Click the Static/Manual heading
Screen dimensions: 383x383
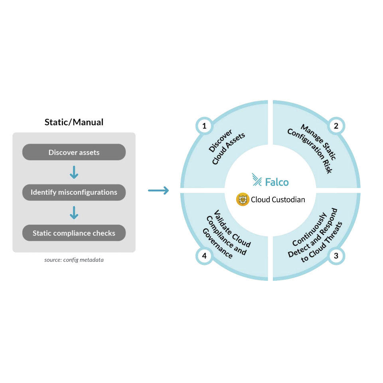point(74,122)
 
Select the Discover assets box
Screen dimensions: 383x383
point(74,152)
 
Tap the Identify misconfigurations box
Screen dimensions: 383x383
point(74,192)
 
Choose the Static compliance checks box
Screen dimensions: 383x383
point(74,233)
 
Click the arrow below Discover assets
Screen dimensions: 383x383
point(74,172)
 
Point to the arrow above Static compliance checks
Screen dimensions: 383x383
point(74,213)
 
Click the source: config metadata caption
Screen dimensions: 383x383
point(74,260)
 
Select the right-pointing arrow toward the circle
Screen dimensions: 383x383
point(158,190)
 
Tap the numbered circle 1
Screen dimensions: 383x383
point(204,126)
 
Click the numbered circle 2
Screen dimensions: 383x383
point(336,126)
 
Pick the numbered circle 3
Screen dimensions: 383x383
point(336,256)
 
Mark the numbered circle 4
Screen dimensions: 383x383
point(204,256)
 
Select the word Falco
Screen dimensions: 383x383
point(276,182)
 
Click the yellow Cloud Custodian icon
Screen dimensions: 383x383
point(243,199)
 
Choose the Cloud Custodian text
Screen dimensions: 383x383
point(278,199)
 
